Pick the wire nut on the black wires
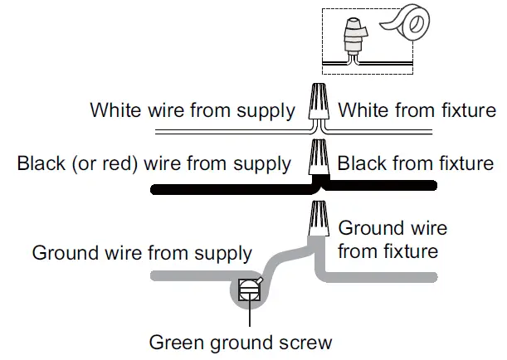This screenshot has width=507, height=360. (x=316, y=157)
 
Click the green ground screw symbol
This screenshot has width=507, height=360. (x=248, y=289)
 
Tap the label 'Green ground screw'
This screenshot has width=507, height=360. (x=240, y=341)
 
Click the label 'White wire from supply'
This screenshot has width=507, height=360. (x=192, y=110)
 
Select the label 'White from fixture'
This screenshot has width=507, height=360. (x=417, y=110)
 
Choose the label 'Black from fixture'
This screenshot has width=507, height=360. (x=415, y=163)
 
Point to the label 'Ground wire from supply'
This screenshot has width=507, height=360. (x=142, y=252)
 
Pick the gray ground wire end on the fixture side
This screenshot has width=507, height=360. (x=415, y=275)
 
